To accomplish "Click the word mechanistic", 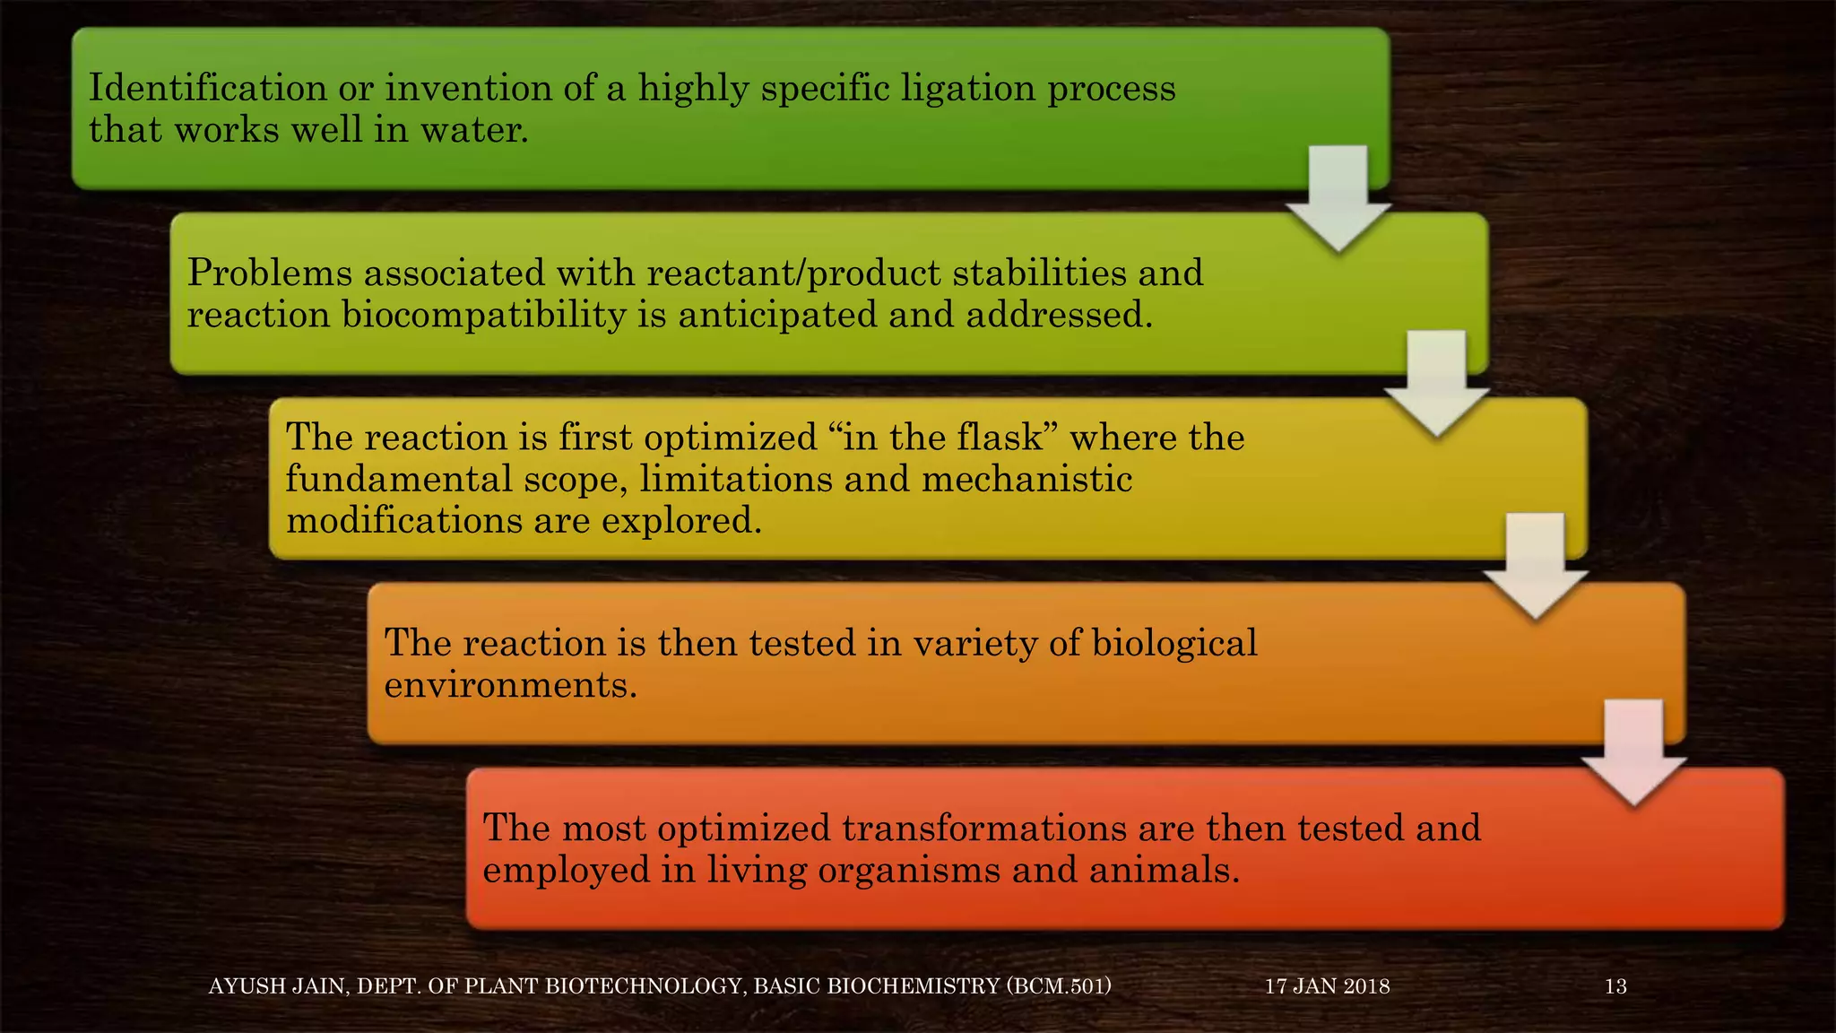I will (x=1026, y=479).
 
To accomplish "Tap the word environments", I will (x=510, y=685).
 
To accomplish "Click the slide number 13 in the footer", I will (x=1615, y=986).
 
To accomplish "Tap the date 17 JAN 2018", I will (x=1327, y=986).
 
